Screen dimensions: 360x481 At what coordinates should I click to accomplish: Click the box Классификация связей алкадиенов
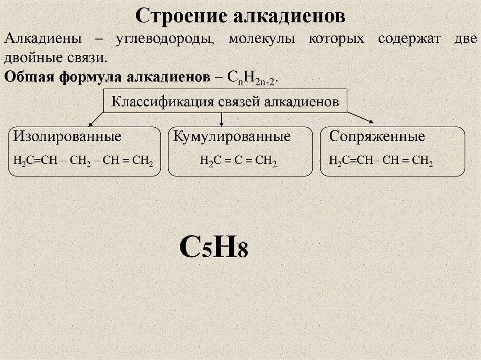pyautogui.click(x=225, y=101)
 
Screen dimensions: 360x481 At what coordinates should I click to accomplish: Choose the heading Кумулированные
pyautogui.click(x=232, y=137)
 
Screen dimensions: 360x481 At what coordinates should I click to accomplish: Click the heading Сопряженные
pyautogui.click(x=377, y=137)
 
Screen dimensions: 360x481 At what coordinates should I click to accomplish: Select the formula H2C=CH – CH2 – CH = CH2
pyautogui.click(x=83, y=160)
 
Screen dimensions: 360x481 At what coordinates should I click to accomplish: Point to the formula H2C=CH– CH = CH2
pyautogui.click(x=380, y=160)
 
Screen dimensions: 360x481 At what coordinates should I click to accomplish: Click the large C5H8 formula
pyautogui.click(x=213, y=247)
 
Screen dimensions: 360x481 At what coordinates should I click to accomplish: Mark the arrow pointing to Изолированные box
pyautogui.click(x=97, y=119)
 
